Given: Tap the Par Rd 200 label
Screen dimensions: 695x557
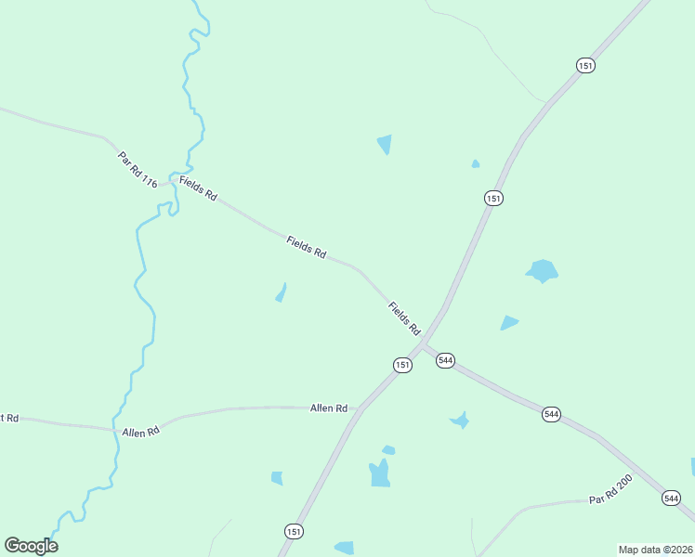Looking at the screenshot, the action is point(610,494).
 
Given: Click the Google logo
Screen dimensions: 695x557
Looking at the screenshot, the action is point(31,546).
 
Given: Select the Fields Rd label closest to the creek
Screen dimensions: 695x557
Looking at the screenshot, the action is point(198,189).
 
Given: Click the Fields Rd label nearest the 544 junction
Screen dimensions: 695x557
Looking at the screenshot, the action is point(404,318).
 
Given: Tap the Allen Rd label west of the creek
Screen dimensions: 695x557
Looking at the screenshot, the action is point(140,432).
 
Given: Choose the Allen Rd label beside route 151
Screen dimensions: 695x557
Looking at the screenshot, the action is point(328,408).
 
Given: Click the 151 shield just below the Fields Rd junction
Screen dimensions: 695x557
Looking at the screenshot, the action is point(401,365).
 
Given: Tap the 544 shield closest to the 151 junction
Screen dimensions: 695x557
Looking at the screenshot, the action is point(445,360).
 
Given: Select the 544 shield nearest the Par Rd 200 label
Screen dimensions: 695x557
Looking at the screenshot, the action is point(672,499).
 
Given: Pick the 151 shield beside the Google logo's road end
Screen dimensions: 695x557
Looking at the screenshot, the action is point(294,531).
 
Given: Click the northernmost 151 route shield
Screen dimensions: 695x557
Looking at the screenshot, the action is point(585,65).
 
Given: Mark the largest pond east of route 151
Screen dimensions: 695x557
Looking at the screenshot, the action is point(542,271).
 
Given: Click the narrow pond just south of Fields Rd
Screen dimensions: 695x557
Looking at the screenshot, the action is point(281,292).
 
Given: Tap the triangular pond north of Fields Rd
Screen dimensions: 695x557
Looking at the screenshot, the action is point(385,144).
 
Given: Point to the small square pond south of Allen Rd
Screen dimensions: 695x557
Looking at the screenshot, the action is point(277,478).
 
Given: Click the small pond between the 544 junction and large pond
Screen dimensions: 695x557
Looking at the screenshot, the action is point(508,323).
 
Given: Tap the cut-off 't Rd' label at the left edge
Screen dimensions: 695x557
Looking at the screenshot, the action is point(8,419).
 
